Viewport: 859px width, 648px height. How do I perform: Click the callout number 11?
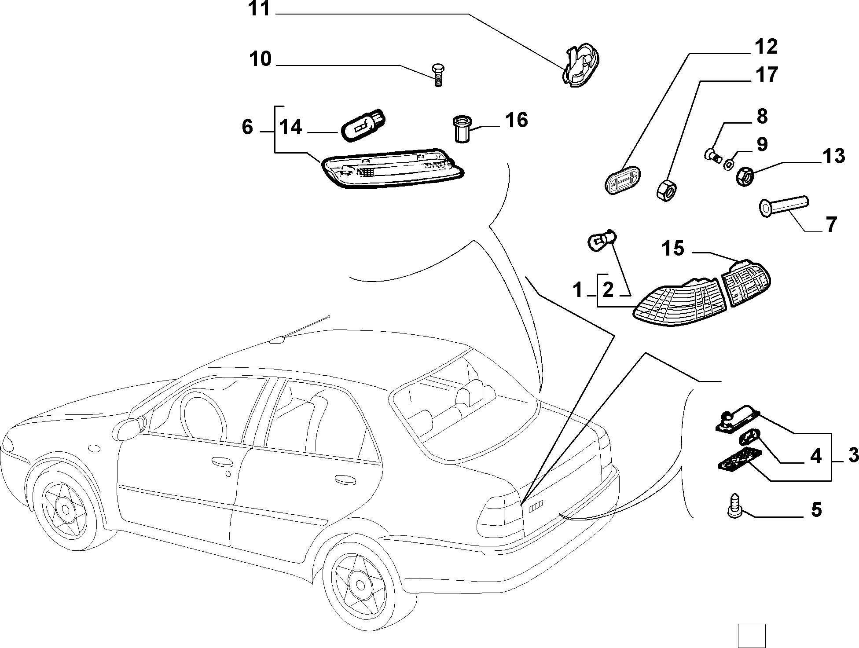[x=259, y=9]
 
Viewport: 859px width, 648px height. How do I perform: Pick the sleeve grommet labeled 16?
[x=461, y=128]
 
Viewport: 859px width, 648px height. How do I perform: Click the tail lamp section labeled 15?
[x=746, y=282]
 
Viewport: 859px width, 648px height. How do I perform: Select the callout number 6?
[x=248, y=127]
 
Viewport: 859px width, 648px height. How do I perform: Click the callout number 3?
[x=853, y=455]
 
